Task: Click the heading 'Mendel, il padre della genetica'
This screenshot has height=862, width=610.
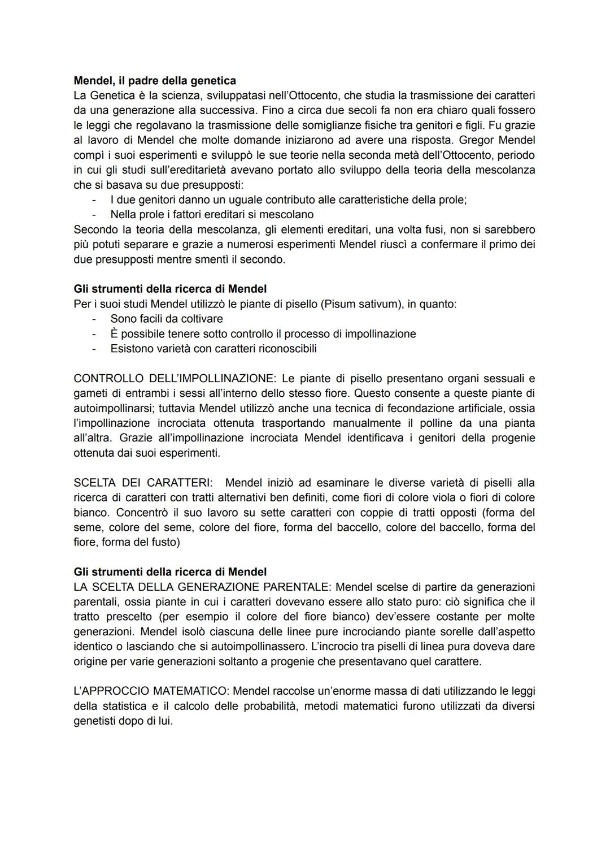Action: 155,80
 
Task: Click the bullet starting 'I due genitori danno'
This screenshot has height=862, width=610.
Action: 288,200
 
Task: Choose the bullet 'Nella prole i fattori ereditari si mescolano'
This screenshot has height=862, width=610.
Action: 212,214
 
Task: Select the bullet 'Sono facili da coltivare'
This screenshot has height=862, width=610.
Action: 167,319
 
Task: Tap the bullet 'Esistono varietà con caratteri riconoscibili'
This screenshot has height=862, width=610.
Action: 213,348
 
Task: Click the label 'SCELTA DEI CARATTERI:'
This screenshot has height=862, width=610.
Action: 143,483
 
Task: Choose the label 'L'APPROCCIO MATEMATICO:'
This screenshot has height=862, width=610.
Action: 151,691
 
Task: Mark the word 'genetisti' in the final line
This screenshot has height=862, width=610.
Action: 94,721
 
